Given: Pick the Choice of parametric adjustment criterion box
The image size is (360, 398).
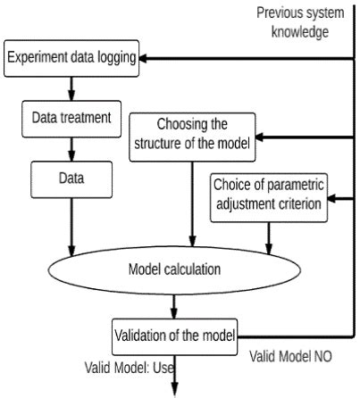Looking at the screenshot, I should point(269,196).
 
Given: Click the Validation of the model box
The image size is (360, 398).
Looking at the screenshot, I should point(174,336).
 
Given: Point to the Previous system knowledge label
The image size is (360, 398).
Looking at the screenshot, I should point(293,21).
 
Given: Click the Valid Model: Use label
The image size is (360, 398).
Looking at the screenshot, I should point(129,365).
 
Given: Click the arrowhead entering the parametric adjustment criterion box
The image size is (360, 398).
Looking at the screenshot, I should point(331,196).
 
